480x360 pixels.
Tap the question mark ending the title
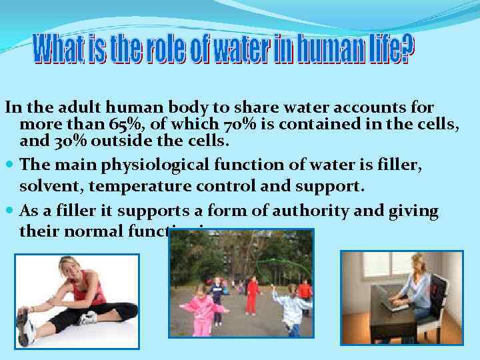pos(407,46)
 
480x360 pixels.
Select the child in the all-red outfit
pos(252,296)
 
